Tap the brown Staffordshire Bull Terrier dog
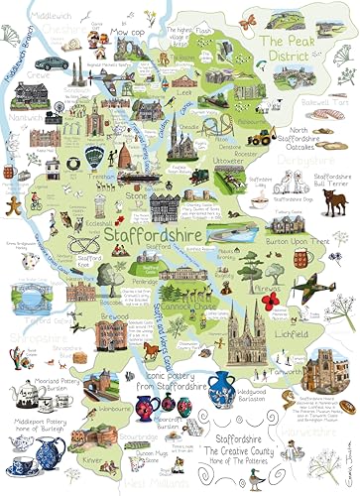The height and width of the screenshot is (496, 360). [337, 203]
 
